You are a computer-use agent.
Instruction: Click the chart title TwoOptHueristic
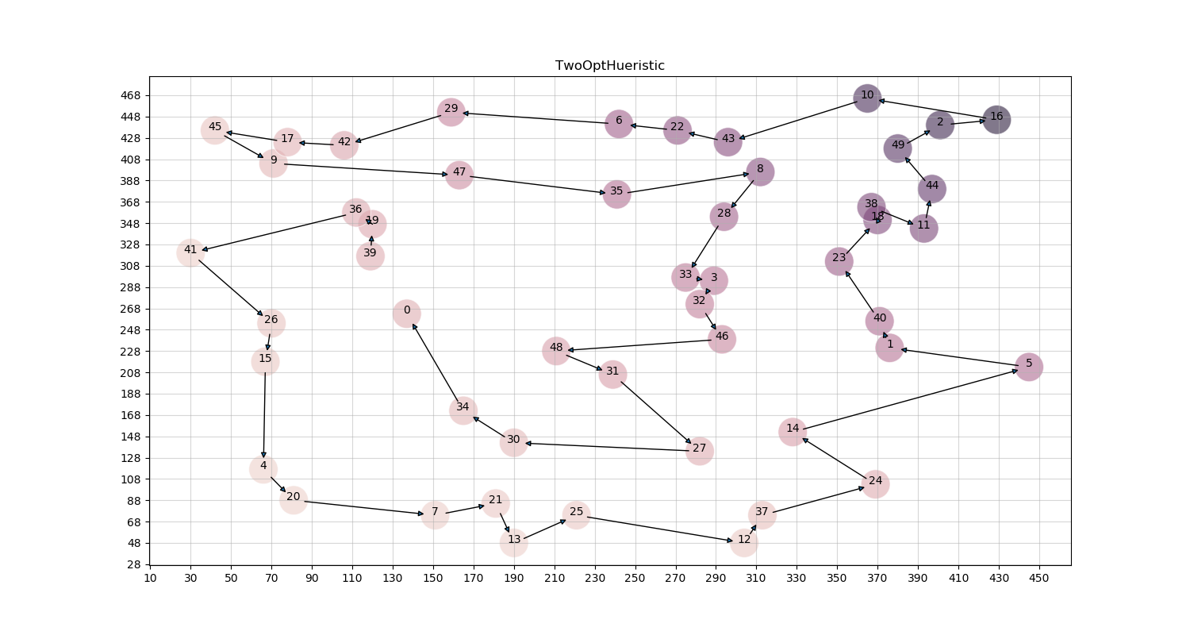(x=609, y=66)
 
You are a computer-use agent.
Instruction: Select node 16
(x=996, y=119)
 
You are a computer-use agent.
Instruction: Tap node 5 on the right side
(x=1028, y=366)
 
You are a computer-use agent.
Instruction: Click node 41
(x=190, y=252)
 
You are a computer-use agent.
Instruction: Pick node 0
(x=407, y=313)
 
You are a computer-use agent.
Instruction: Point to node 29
(x=451, y=111)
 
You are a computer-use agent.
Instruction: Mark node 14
(x=793, y=431)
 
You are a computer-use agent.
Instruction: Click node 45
(x=215, y=129)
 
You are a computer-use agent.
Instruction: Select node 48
(x=556, y=350)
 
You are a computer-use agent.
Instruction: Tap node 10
(x=867, y=98)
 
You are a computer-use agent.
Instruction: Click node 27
(x=699, y=451)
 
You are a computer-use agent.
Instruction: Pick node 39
(x=370, y=256)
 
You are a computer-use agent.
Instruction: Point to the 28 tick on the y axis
(x=134, y=564)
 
